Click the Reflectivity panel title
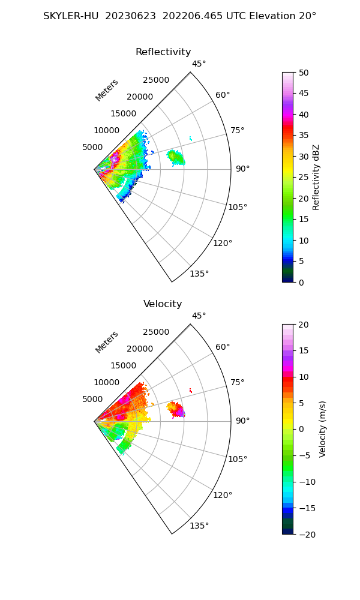(x=163, y=52)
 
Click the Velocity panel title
(x=163, y=304)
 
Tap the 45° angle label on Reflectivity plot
(x=199, y=64)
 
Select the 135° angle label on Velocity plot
(x=199, y=526)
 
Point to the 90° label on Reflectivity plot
(x=242, y=169)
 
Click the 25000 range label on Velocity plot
(x=156, y=332)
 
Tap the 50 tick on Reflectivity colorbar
(x=304, y=73)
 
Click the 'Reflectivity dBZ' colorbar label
(x=316, y=177)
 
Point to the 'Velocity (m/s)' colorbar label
(x=323, y=429)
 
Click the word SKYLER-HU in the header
(x=71, y=16)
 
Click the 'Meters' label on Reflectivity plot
(x=107, y=90)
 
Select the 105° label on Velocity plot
(x=238, y=459)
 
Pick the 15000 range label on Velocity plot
(x=123, y=365)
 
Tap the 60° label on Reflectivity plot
(x=223, y=95)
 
